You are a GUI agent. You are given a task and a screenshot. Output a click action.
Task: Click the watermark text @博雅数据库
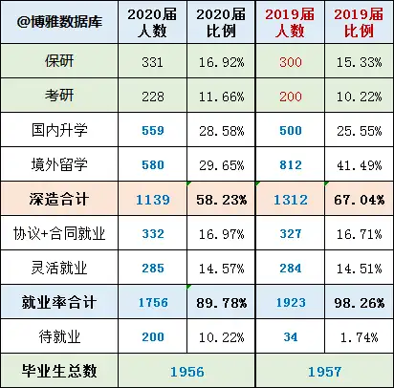pos(59,22)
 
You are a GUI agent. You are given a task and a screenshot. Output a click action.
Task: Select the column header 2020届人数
pos(152,23)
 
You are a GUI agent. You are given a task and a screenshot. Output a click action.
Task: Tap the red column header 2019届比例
pos(359,23)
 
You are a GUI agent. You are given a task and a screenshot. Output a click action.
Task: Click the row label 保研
pos(59,61)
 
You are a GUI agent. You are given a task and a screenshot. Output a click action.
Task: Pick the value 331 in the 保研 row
pos(152,62)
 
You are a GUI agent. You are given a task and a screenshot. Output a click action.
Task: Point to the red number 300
pos(291,62)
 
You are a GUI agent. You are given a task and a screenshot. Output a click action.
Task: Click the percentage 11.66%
pos(221,97)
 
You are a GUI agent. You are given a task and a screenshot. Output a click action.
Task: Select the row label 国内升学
pos(59,130)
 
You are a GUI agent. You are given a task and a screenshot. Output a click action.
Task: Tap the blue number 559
pos(153,131)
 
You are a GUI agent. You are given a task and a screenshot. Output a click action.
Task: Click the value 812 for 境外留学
pos(291,165)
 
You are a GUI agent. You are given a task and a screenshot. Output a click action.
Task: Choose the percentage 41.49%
pos(359,165)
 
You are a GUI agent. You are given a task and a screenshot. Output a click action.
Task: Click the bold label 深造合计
pos(59,199)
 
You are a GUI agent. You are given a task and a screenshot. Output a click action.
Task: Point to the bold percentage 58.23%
pos(221,200)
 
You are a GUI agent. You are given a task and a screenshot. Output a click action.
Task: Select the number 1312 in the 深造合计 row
pos(291,200)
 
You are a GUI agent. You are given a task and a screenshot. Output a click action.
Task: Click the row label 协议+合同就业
pos(59,233)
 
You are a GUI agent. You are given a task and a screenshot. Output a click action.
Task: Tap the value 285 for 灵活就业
pos(153,269)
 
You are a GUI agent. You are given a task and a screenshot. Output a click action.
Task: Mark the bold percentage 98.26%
pos(360,303)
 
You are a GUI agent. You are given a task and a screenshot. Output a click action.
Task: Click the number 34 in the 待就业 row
pos(291,337)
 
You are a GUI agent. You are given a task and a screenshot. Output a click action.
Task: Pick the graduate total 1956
pos(187,372)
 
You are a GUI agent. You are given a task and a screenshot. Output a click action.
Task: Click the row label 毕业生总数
pos(59,371)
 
